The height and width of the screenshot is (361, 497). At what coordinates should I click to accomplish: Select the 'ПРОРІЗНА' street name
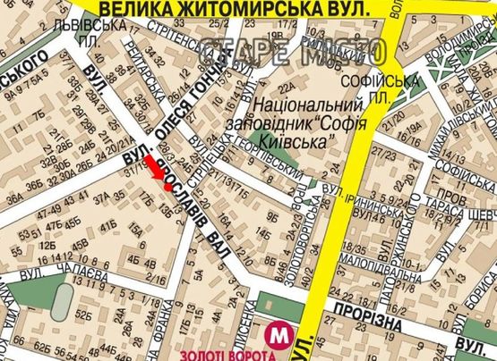(362, 308)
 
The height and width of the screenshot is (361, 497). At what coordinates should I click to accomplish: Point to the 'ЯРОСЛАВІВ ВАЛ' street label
(193, 207)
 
